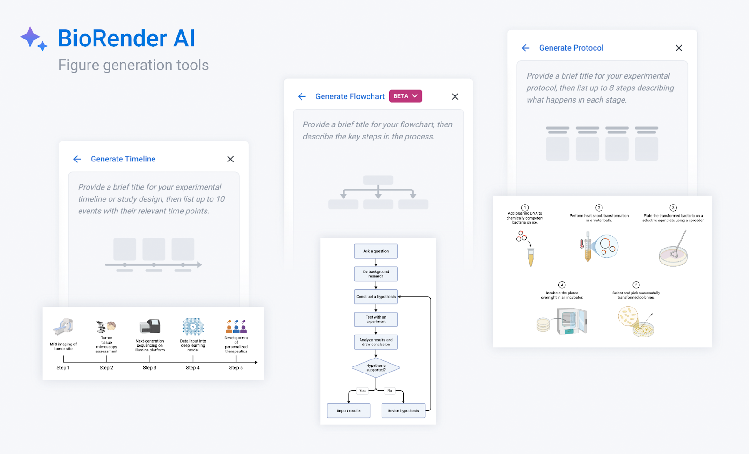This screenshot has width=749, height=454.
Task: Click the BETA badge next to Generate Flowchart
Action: click(x=405, y=96)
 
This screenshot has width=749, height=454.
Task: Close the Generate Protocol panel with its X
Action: click(x=679, y=48)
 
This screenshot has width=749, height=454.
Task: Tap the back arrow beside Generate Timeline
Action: click(x=77, y=159)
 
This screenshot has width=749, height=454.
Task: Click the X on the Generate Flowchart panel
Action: click(x=455, y=96)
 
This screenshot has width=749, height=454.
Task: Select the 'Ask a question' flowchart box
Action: click(x=376, y=251)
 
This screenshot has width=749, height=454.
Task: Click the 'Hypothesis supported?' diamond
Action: click(x=376, y=368)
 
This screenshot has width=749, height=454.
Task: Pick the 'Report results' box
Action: click(x=349, y=411)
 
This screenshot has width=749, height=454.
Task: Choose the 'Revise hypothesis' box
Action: click(x=403, y=411)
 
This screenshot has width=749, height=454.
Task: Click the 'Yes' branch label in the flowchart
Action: click(x=362, y=391)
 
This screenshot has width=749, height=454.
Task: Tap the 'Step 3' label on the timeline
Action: click(x=149, y=368)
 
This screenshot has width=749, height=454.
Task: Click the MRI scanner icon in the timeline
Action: click(x=63, y=327)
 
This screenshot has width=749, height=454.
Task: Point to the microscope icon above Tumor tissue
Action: click(x=101, y=326)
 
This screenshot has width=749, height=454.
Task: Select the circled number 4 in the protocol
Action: click(x=562, y=285)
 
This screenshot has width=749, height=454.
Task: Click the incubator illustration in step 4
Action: click(x=571, y=321)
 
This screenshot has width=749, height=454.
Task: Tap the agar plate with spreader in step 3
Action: click(x=674, y=250)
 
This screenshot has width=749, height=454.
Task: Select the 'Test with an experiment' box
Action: click(x=376, y=320)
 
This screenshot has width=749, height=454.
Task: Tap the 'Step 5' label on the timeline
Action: click(x=236, y=368)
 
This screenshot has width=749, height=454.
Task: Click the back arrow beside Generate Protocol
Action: click(x=526, y=48)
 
